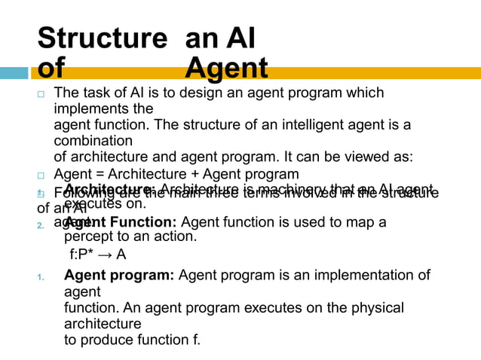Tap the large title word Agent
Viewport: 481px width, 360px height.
pos(226,69)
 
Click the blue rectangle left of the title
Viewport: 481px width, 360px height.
pos(14,73)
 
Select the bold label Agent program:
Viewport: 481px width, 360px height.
pos(119,276)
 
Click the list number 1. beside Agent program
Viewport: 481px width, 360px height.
pos(41,277)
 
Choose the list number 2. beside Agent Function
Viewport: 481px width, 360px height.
pos(41,224)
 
